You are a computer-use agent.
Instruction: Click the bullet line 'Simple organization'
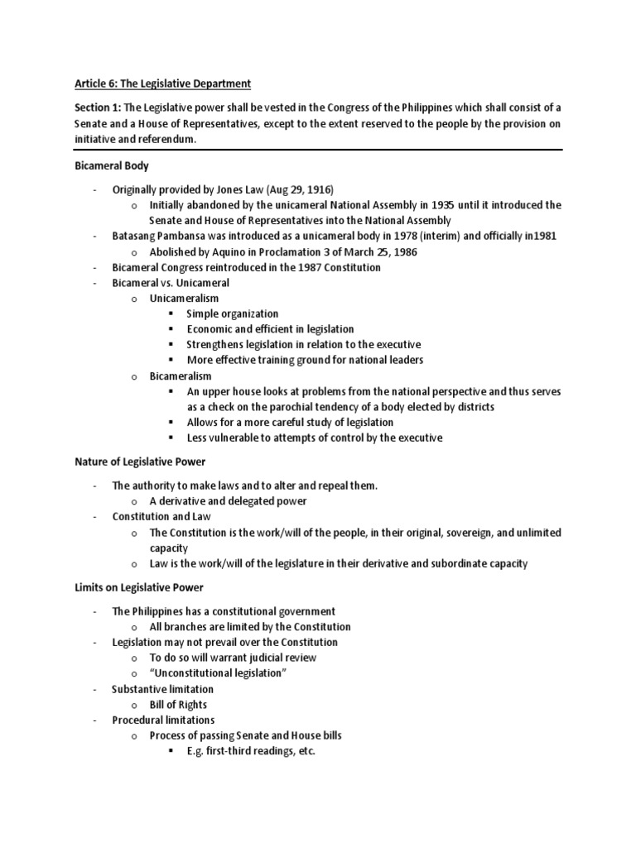click(x=232, y=313)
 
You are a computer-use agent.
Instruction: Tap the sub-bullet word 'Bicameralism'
click(x=181, y=376)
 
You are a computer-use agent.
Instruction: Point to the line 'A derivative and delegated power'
click(x=228, y=500)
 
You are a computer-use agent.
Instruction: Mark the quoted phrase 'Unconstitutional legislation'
click(x=218, y=673)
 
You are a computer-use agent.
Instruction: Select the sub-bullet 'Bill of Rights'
click(x=178, y=705)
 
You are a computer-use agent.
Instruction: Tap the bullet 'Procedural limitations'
click(x=163, y=720)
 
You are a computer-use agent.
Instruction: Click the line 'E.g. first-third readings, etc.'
click(x=251, y=751)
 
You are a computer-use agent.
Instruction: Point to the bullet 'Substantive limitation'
click(x=162, y=689)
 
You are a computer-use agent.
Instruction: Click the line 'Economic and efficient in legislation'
click(x=270, y=329)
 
